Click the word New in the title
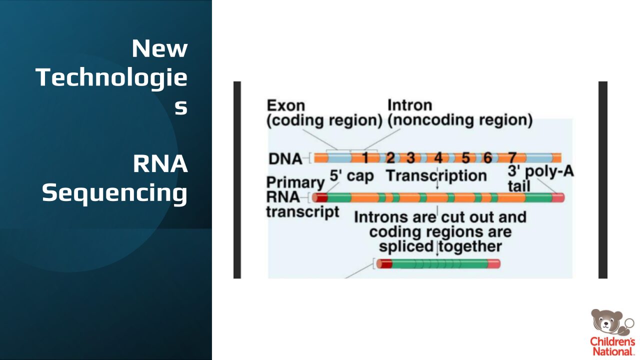point(159,48)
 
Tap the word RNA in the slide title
point(160,164)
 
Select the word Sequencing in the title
point(115,193)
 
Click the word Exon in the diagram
point(286,105)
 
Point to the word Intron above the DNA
point(409,105)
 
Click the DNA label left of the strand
point(285,159)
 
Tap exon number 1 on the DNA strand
point(365,157)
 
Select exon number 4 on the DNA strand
point(438,157)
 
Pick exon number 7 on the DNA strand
point(512,157)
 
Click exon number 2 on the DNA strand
point(390,157)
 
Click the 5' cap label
point(351,176)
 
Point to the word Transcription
point(436,175)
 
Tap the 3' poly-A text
point(540,171)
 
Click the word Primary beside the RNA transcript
point(295,183)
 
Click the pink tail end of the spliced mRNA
point(494,263)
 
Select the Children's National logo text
point(612,346)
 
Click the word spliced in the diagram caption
point(406,247)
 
